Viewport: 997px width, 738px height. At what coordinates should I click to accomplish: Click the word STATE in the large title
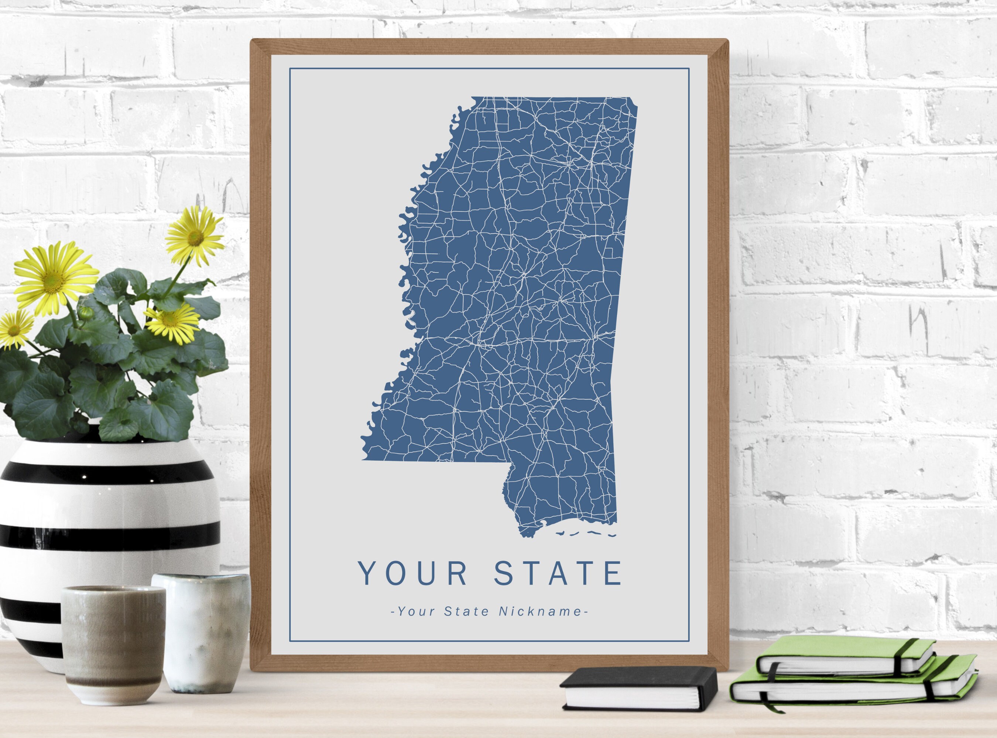tap(558, 573)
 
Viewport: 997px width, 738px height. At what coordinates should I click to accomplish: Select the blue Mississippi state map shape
tap(514, 290)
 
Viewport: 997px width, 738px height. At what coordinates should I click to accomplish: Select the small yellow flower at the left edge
tap(14, 330)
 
